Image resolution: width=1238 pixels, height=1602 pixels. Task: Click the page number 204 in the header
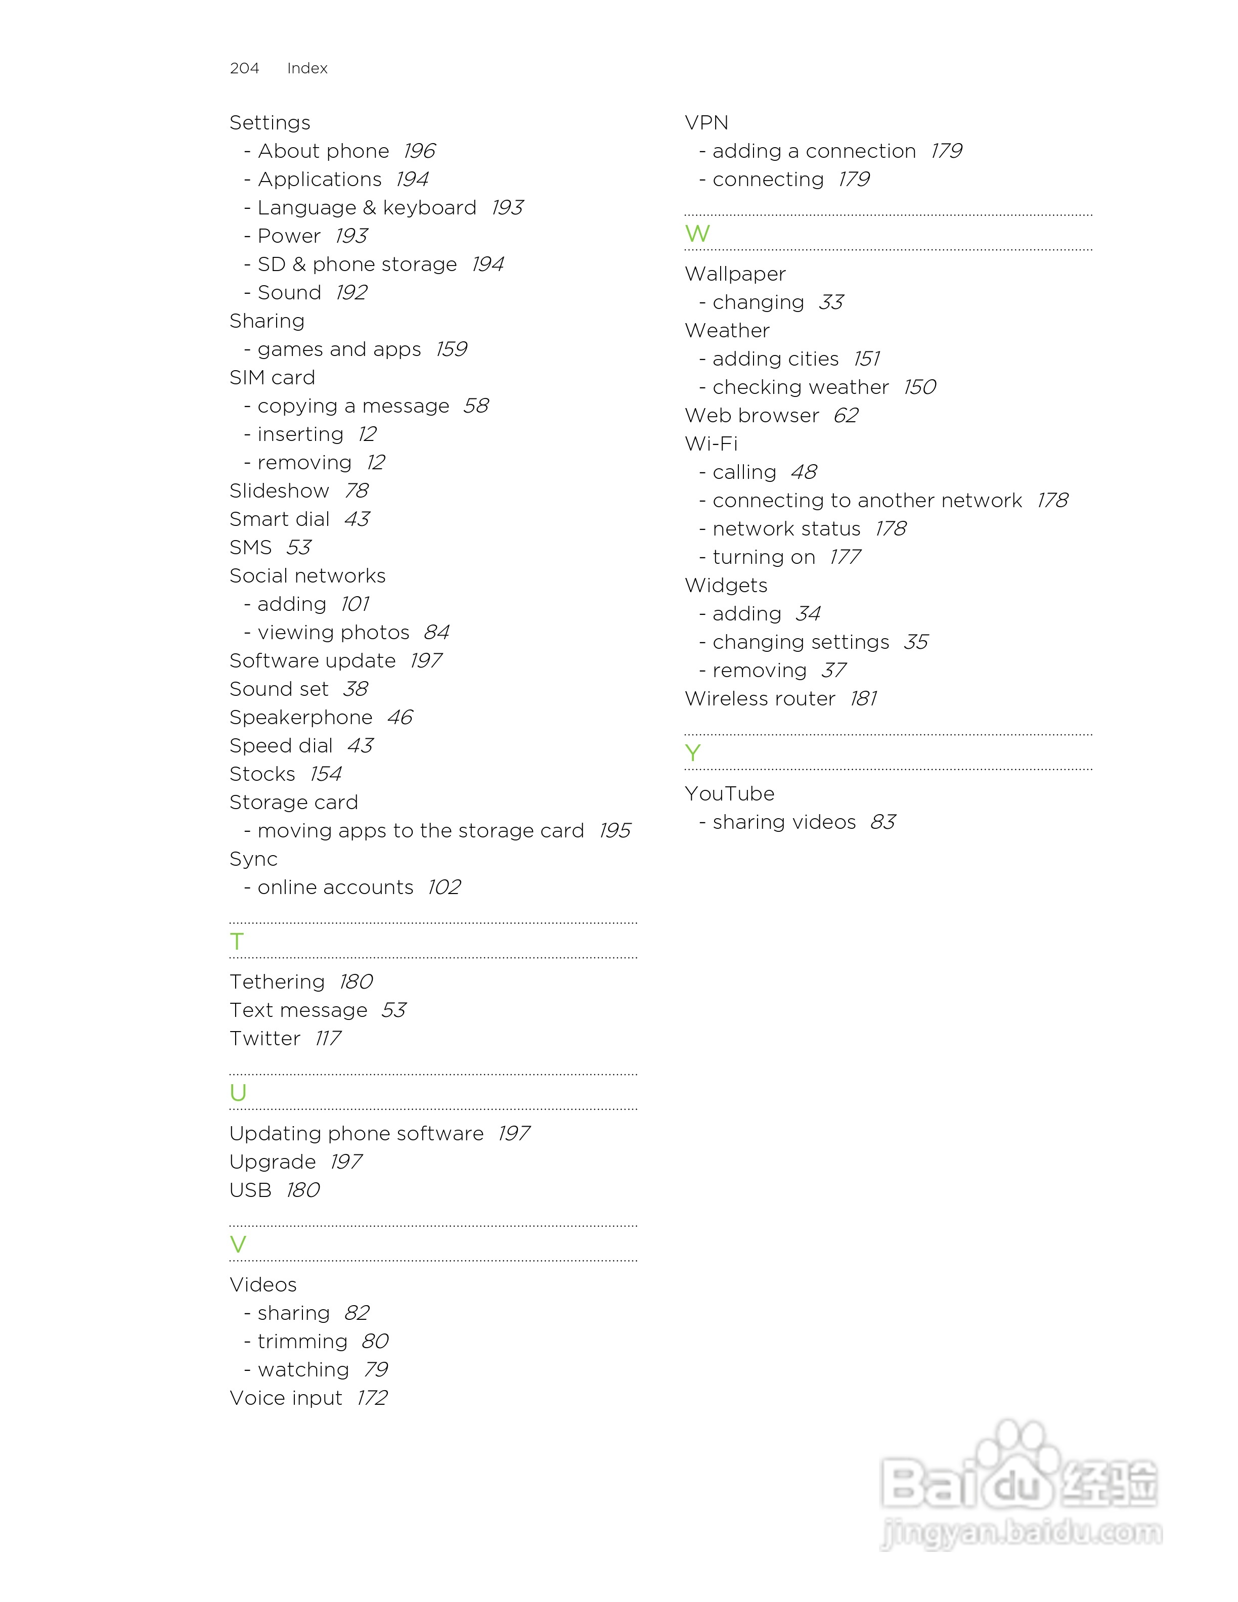[244, 68]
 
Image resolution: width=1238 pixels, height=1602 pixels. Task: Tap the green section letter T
[236, 941]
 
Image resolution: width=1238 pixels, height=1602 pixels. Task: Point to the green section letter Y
[692, 752]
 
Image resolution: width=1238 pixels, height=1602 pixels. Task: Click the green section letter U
[238, 1093]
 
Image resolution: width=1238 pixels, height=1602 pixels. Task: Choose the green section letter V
[238, 1244]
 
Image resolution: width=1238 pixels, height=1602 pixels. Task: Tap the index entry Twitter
[265, 1039]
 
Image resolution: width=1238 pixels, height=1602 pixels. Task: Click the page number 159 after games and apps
[451, 349]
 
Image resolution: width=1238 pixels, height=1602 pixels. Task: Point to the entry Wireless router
[760, 699]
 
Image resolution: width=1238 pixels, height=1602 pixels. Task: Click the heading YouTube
[729, 793]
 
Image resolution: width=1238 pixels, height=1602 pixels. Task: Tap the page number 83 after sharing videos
[883, 822]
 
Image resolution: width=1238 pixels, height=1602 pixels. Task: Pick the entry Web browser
[751, 416]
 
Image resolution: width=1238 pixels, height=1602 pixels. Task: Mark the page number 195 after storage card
[614, 831]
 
